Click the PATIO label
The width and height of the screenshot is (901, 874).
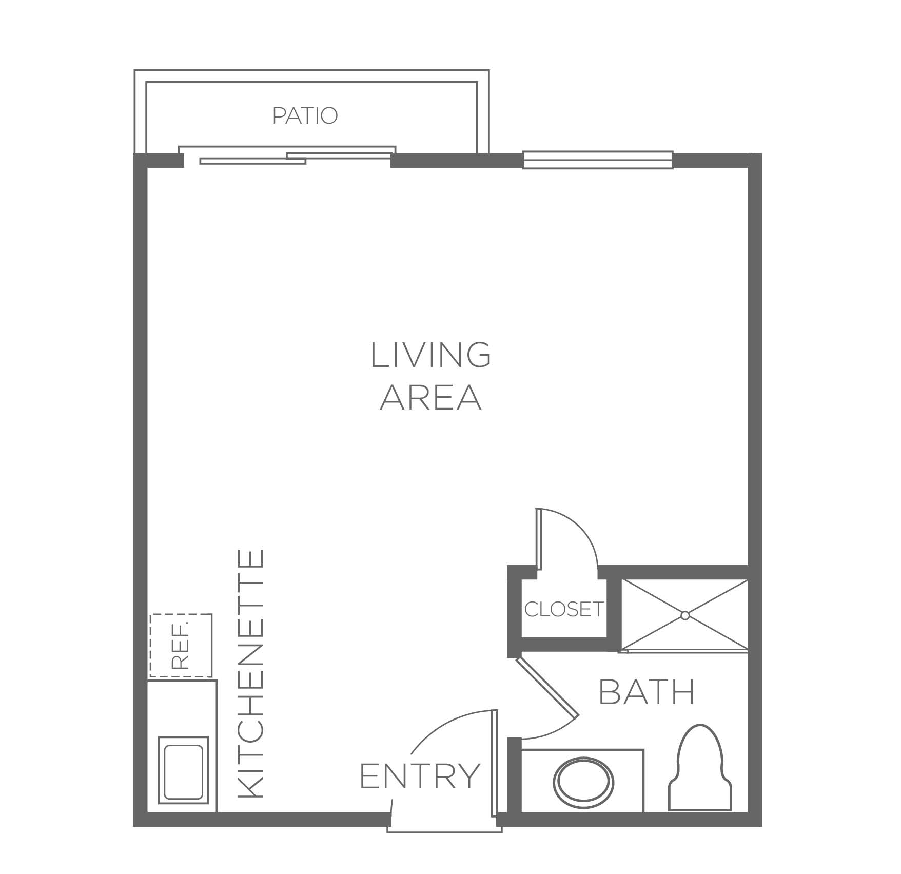305,115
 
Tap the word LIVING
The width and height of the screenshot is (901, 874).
430,355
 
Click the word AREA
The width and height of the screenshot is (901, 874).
430,397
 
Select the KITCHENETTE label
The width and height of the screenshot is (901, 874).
251,673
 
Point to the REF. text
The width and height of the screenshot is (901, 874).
180,645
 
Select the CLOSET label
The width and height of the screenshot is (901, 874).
563,609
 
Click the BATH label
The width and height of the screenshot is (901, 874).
647,692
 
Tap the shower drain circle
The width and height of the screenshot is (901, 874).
684,615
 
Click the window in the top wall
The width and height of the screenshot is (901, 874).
598,160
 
